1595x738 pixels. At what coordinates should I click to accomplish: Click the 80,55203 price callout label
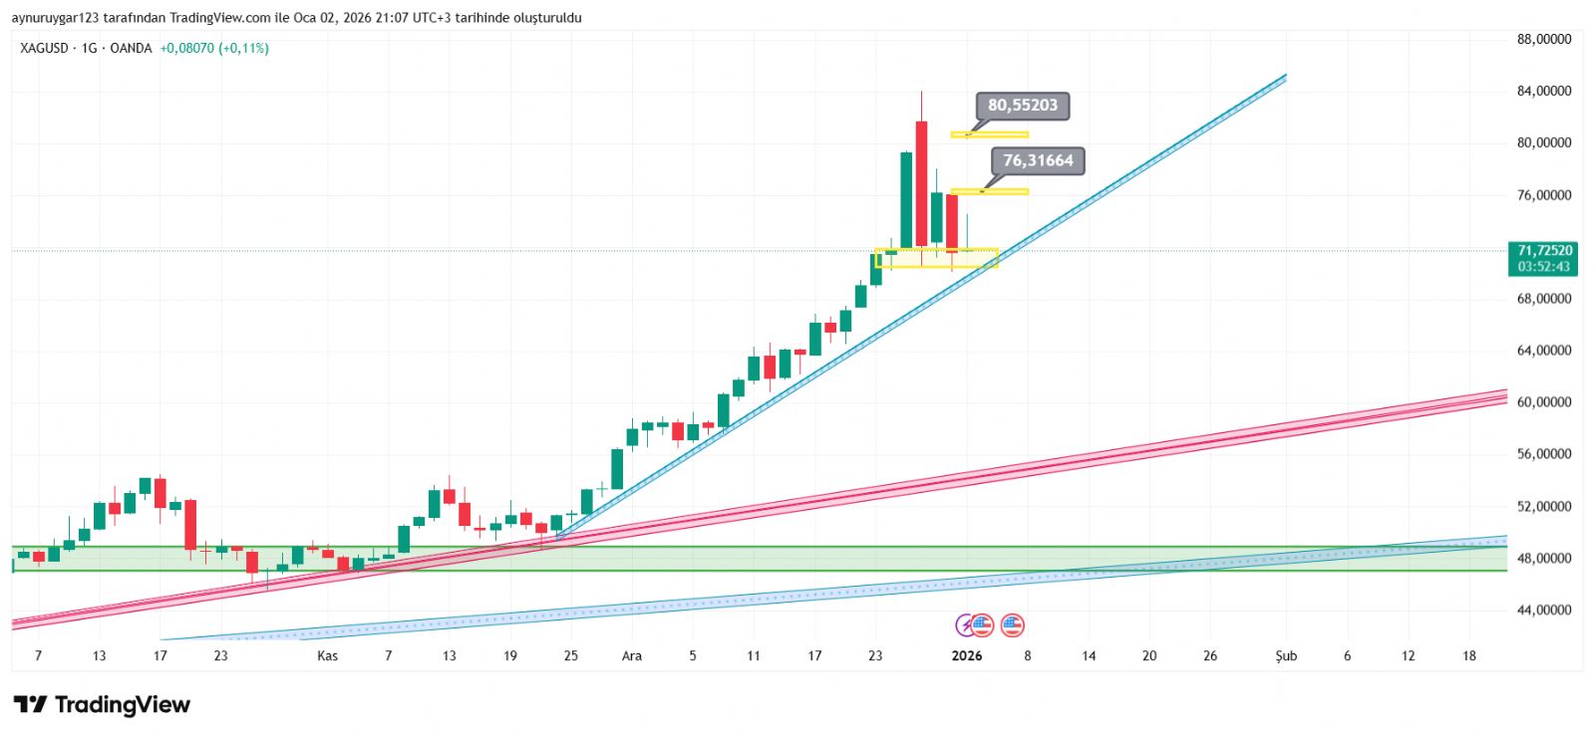pyautogui.click(x=1022, y=106)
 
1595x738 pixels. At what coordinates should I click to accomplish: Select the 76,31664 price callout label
pyautogui.click(x=1038, y=160)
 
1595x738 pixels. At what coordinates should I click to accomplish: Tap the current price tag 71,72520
pyautogui.click(x=1544, y=251)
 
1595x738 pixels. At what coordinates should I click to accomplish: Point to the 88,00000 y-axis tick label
pyautogui.click(x=1543, y=40)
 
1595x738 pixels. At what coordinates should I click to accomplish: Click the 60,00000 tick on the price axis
pyautogui.click(x=1543, y=402)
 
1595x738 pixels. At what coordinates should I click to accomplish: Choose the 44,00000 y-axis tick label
pyautogui.click(x=1543, y=610)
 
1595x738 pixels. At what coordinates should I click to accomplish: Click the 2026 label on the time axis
pyautogui.click(x=967, y=655)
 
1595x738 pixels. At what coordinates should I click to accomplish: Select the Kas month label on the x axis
pyautogui.click(x=327, y=655)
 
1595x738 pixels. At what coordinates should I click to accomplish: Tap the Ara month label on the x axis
pyautogui.click(x=632, y=655)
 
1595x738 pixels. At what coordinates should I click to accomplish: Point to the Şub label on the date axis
pyautogui.click(x=1286, y=655)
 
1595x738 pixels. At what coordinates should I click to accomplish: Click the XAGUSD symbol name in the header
pyautogui.click(x=45, y=48)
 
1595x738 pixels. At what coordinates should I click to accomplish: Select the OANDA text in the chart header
pyautogui.click(x=131, y=48)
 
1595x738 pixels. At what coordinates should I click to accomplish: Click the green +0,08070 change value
pyautogui.click(x=186, y=48)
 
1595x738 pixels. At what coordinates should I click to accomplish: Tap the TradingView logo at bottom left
pyautogui.click(x=102, y=705)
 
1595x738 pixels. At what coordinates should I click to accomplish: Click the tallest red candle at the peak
pyautogui.click(x=921, y=182)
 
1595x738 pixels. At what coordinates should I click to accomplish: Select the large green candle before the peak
pyautogui.click(x=906, y=199)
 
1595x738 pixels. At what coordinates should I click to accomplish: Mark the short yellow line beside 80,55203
pyautogui.click(x=989, y=134)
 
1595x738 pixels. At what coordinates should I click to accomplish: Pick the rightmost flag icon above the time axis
pyautogui.click(x=1012, y=625)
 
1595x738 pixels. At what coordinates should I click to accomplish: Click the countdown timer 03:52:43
pyautogui.click(x=1544, y=267)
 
